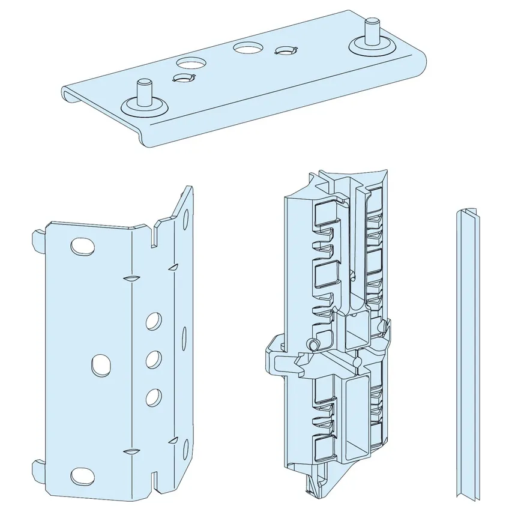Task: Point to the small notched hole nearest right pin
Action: [284, 52]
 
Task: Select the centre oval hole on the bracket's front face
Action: [101, 363]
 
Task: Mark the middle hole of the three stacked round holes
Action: [153, 359]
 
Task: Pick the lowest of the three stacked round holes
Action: [153, 396]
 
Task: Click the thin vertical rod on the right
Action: [468, 354]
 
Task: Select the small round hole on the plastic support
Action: [312, 344]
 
